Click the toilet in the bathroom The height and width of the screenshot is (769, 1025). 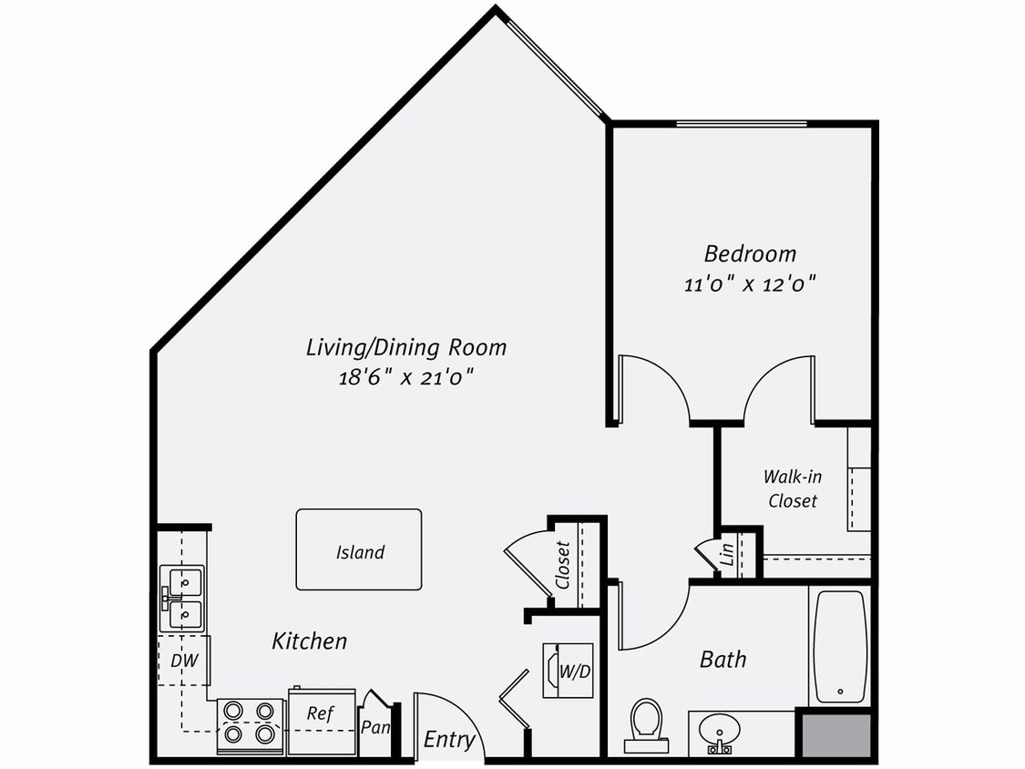(x=648, y=723)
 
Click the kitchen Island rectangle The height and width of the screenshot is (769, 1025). (x=359, y=549)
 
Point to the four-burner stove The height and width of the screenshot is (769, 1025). (x=250, y=722)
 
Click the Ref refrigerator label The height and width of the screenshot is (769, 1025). (x=320, y=713)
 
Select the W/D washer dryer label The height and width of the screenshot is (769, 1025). (x=575, y=672)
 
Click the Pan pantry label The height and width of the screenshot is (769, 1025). (x=375, y=727)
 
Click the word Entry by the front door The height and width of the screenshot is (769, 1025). (x=449, y=739)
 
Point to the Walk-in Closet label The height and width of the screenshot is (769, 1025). (x=791, y=487)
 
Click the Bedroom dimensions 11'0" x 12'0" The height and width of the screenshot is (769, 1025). (x=749, y=283)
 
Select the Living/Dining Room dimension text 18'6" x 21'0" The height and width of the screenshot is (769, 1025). (x=406, y=375)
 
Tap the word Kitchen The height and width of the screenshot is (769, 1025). (x=310, y=641)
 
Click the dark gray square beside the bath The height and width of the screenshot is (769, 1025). (x=835, y=734)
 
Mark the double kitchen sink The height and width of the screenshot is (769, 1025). (x=182, y=598)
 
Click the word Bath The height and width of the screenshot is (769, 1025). (x=723, y=658)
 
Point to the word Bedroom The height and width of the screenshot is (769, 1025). (x=750, y=253)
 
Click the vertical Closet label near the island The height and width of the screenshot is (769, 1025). (x=563, y=565)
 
